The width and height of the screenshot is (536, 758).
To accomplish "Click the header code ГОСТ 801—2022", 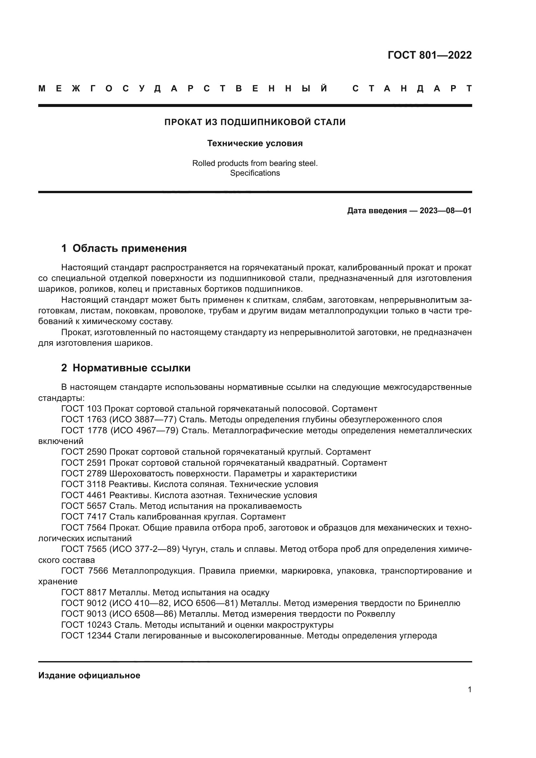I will [x=429, y=55].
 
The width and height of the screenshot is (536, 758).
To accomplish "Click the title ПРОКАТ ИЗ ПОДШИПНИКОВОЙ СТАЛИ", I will [x=255, y=122].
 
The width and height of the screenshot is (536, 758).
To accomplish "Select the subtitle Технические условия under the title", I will [x=255, y=143].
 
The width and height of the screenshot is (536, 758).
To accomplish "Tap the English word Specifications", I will [x=255, y=173].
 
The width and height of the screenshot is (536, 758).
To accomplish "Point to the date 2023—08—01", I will [x=445, y=211].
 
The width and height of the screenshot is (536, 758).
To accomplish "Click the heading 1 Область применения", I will [x=124, y=248].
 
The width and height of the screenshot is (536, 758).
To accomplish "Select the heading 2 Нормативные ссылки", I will [x=126, y=368].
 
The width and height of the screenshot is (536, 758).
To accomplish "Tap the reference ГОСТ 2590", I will [x=84, y=452].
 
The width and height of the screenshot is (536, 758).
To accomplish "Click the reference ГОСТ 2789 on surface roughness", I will [x=84, y=473].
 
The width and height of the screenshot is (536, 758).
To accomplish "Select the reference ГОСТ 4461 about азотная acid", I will [x=84, y=495].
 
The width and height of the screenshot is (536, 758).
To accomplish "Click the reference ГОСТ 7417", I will [x=84, y=516].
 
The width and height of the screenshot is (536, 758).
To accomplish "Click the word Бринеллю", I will [x=439, y=603].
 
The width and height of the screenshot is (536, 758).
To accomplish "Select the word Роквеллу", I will [x=376, y=614].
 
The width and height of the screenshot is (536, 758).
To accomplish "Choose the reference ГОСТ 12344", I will [x=87, y=636].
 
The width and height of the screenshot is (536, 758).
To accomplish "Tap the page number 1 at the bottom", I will [x=470, y=689].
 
